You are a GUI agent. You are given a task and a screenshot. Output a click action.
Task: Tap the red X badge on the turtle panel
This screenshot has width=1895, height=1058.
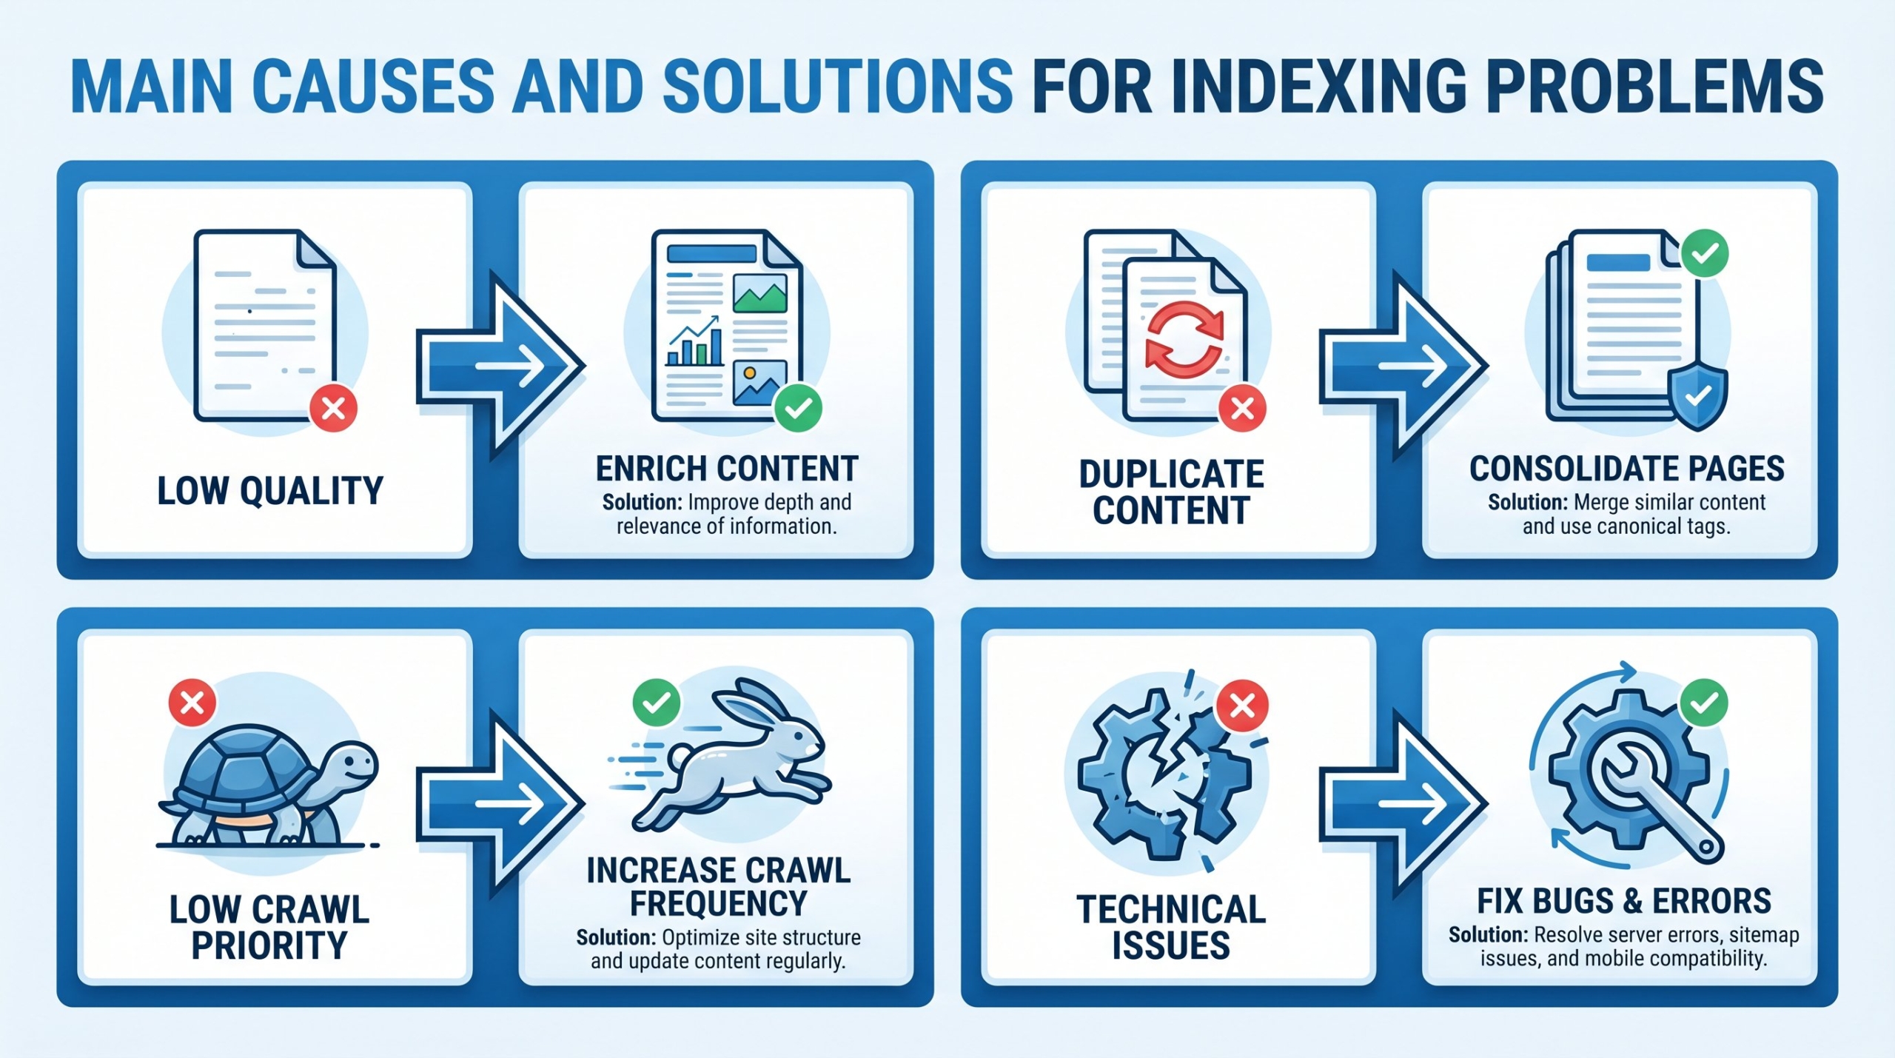click(x=192, y=703)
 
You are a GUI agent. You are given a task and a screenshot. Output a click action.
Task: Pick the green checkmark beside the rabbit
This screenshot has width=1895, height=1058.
click(x=656, y=703)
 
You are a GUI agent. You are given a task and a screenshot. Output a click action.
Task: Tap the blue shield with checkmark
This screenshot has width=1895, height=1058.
click(x=1697, y=398)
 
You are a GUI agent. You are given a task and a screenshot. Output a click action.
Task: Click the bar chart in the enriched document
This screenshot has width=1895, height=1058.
click(x=695, y=342)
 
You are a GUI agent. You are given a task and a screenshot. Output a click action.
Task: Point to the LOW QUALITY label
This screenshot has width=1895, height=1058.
click(x=270, y=491)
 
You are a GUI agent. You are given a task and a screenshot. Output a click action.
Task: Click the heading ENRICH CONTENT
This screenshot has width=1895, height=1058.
click(x=727, y=469)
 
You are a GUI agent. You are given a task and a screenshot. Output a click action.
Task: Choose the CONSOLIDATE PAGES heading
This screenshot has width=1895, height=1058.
click(x=1626, y=469)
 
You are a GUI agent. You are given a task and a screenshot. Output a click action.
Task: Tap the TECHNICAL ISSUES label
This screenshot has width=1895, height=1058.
click(x=1171, y=928)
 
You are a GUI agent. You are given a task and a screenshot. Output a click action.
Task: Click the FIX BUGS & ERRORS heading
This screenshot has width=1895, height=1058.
click(x=1624, y=902)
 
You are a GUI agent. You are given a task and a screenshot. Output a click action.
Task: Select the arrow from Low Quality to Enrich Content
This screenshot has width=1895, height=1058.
click(x=501, y=364)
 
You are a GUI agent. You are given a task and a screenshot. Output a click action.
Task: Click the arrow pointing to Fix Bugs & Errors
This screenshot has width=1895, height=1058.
click(x=1403, y=803)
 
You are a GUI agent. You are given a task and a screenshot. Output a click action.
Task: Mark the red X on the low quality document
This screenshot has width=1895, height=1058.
click(x=334, y=408)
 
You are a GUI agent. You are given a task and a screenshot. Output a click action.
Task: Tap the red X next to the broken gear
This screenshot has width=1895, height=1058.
click(x=1242, y=705)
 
